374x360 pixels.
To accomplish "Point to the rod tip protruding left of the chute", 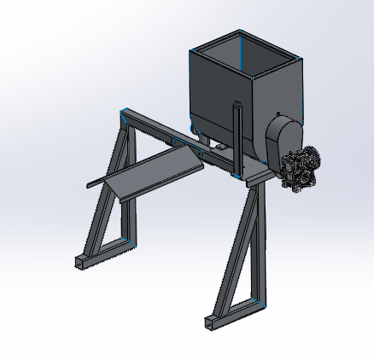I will click(x=91, y=183).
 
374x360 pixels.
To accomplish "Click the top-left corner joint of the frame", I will click(x=126, y=113).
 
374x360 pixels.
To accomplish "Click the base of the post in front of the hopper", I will click(x=237, y=175).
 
